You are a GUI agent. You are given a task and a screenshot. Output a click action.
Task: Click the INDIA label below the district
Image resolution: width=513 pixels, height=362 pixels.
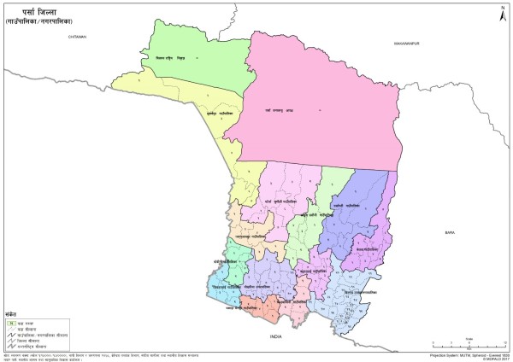275,338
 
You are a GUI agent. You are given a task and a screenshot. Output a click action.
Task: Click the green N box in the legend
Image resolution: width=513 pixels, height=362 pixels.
11,323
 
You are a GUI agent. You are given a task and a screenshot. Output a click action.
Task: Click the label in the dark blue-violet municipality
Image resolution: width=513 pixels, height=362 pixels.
344,206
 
